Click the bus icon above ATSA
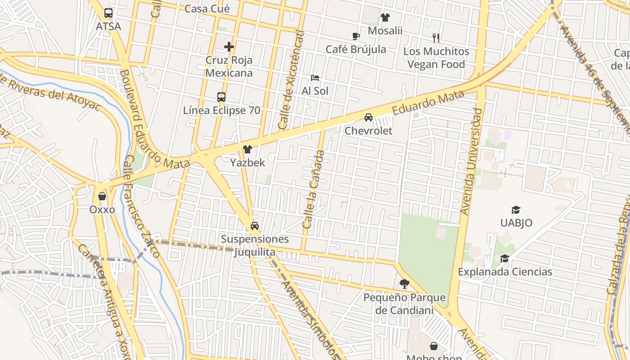pyautogui.click(x=108, y=13)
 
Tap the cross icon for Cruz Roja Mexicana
pyautogui.click(x=229, y=46)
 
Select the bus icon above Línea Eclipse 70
pyautogui.click(x=221, y=97)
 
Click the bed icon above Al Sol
pyautogui.click(x=315, y=78)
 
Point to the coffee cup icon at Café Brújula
pyautogui.click(x=355, y=36)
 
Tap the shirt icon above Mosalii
pyautogui.click(x=385, y=18)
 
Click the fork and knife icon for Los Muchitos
pyautogui.click(x=436, y=38)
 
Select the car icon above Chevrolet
pyautogui.click(x=369, y=117)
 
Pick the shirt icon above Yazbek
pyautogui.click(x=247, y=149)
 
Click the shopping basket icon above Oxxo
pyautogui.click(x=102, y=197)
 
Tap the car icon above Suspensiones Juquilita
pyautogui.click(x=255, y=226)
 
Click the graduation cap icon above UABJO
pyautogui.click(x=516, y=210)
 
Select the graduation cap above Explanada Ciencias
pyautogui.click(x=504, y=259)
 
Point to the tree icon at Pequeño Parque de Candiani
pyautogui.click(x=404, y=284)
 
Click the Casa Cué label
pyautogui.click(x=207, y=9)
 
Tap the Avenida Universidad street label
pyautogui.click(x=471, y=161)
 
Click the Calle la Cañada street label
pyautogui.click(x=313, y=189)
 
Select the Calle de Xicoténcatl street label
pyautogui.click(x=292, y=80)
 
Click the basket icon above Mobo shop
pyautogui.click(x=434, y=346)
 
